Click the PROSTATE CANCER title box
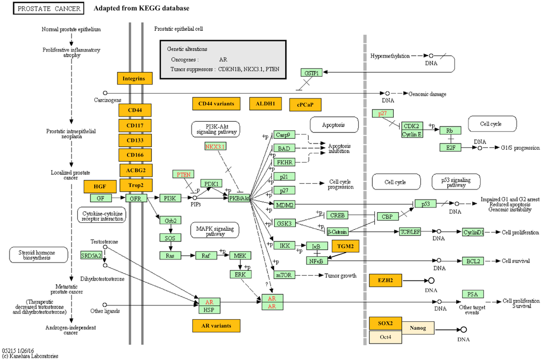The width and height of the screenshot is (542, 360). click(x=48, y=9)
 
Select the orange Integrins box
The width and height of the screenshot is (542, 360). click(x=134, y=78)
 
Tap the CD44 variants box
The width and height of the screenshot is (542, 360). click(x=216, y=103)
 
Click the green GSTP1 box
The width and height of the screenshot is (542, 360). click(x=311, y=73)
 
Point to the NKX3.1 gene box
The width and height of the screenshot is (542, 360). click(x=215, y=146)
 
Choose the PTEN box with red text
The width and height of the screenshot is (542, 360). click(x=184, y=174)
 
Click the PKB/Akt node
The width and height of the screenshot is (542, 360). click(x=239, y=198)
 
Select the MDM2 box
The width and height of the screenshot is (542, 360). click(x=285, y=205)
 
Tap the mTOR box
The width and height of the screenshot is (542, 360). click(x=285, y=275)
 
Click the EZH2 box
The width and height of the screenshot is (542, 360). click(x=386, y=280)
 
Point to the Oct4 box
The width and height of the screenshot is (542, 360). click(x=386, y=337)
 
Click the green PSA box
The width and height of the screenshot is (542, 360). click(x=472, y=294)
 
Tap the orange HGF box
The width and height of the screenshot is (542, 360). click(x=100, y=186)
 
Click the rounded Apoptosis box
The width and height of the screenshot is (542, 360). click(x=333, y=125)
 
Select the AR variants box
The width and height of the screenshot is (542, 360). click(x=216, y=325)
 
